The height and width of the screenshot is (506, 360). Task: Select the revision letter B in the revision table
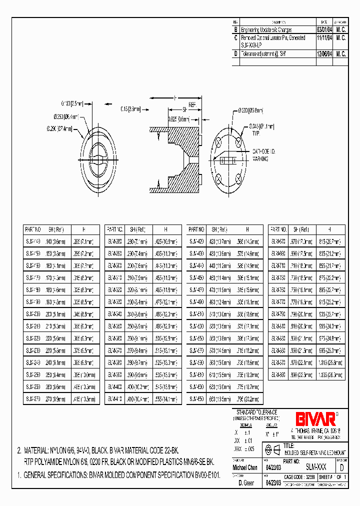pos(235,30)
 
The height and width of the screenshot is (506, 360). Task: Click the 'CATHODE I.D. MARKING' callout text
pos(263,154)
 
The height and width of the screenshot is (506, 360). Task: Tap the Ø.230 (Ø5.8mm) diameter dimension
pos(250,110)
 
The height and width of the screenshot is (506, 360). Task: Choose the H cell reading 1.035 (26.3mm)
pos(332,374)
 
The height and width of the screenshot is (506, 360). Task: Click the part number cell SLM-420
pos(196,240)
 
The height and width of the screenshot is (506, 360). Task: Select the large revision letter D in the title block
pos(341,468)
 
